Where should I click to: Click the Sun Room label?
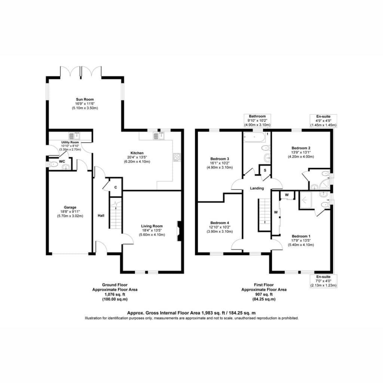pos(85,99)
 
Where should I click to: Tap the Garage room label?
pos(70,207)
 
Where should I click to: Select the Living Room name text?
pos(152,226)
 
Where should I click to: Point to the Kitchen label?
pos(137,153)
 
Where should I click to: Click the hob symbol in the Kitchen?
pos(177,157)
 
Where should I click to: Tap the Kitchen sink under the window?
pos(159,136)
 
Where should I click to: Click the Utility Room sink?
pos(74,136)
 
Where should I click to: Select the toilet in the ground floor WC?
pos(53,165)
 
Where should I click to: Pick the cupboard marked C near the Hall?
pos(116,187)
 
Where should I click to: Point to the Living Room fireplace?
pos(179,231)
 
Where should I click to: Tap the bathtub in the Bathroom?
pos(254,137)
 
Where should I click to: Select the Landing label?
pos(257,189)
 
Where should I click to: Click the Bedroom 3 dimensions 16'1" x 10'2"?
pos(220,163)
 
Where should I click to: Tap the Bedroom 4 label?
pos(220,223)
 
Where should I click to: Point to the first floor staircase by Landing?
pos(264,215)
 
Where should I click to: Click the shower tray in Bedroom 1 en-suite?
pos(304,200)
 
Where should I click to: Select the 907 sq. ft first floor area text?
pos(264,294)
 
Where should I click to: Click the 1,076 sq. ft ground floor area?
pos(115,294)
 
